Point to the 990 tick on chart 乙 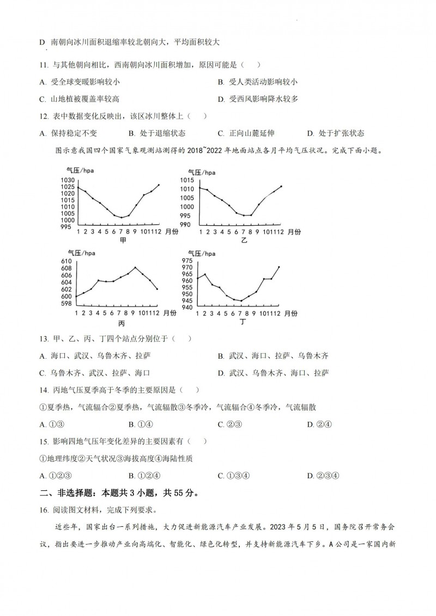(186, 225)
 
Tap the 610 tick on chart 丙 (66, 262)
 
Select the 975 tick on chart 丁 (187, 261)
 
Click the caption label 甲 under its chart (123, 240)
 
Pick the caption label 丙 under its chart (122, 323)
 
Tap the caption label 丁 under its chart (243, 322)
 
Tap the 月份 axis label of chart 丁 (291, 313)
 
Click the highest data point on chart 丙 (135, 267)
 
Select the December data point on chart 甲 (159, 184)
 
